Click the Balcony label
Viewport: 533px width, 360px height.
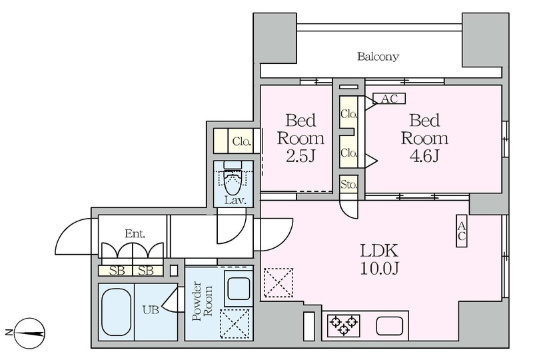pos(378,57)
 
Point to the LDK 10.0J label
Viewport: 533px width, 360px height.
pos(379,259)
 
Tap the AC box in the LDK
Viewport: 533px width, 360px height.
pos(462,231)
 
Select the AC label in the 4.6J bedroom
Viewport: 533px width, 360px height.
pos(389,99)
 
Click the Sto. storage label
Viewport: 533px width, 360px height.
pos(348,184)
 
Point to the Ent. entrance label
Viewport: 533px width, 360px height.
pos(135,233)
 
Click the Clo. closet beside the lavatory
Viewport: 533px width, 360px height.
pos(241,141)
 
